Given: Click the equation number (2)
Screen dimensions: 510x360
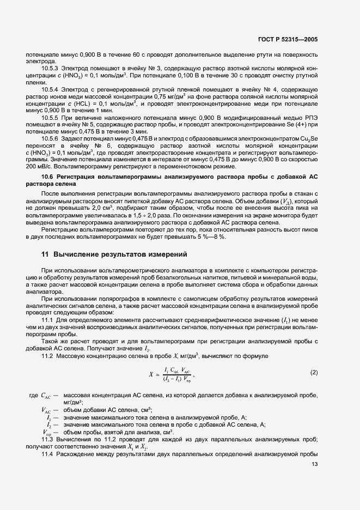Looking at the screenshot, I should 314,372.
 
